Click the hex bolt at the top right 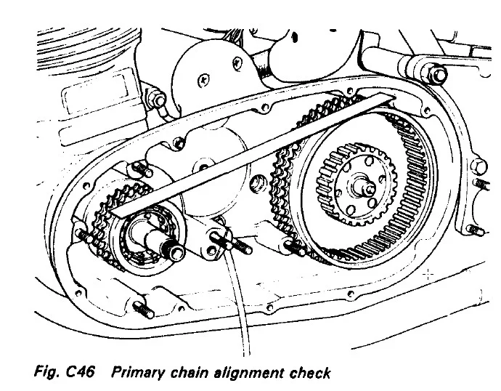pos(438,73)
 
